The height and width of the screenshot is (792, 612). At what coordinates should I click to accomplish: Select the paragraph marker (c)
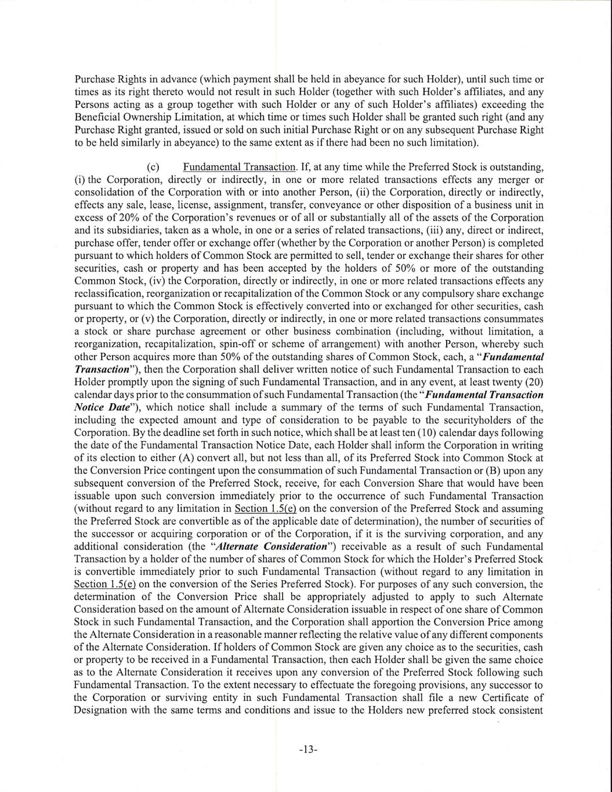tap(154, 168)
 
